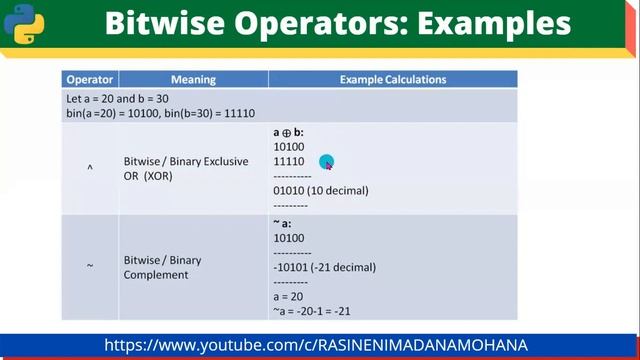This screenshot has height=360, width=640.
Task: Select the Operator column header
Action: tap(90, 79)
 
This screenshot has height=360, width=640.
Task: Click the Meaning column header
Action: tap(193, 79)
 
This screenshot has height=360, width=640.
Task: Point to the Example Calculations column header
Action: tap(393, 79)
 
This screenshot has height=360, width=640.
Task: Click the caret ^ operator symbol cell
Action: tap(90, 168)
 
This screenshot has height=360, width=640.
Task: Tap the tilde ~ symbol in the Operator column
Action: tap(90, 266)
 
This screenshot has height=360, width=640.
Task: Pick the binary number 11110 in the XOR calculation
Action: tap(289, 161)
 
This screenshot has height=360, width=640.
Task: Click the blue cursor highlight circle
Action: tap(326, 162)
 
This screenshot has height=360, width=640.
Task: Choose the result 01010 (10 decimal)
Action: tap(321, 190)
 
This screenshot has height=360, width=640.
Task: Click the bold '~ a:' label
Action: tap(283, 224)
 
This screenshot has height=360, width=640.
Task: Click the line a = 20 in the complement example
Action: tap(289, 298)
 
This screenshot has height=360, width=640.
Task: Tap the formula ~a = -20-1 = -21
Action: tap(311, 312)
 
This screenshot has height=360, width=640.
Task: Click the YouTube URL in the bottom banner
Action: tap(316, 345)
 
